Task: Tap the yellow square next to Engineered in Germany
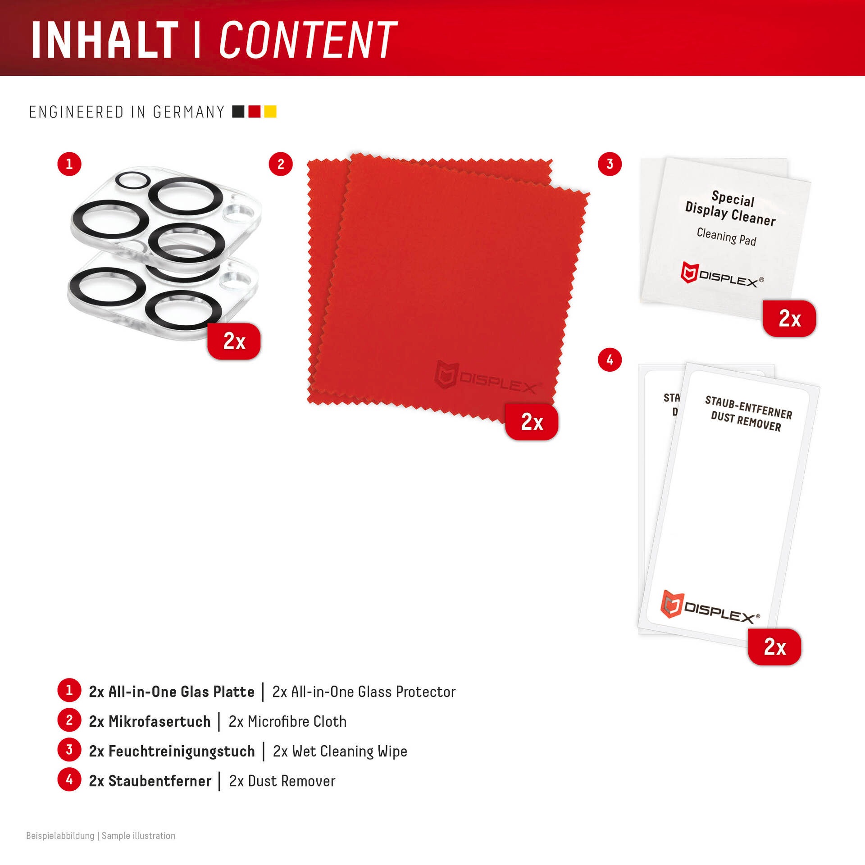(x=270, y=111)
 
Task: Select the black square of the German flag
(x=238, y=111)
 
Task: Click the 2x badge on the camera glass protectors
(x=234, y=341)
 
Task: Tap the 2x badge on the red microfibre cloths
(x=532, y=422)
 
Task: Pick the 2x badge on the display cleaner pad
(x=789, y=319)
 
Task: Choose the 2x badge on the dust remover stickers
(x=774, y=647)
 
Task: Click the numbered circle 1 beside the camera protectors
(x=69, y=164)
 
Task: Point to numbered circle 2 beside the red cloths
(x=281, y=164)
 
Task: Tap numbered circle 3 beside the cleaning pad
(x=610, y=164)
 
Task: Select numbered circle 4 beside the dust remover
(x=610, y=360)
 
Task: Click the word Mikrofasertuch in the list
(x=159, y=721)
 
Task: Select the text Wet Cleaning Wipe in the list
(x=350, y=751)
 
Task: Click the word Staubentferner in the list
(x=160, y=781)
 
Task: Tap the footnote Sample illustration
(x=139, y=836)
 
